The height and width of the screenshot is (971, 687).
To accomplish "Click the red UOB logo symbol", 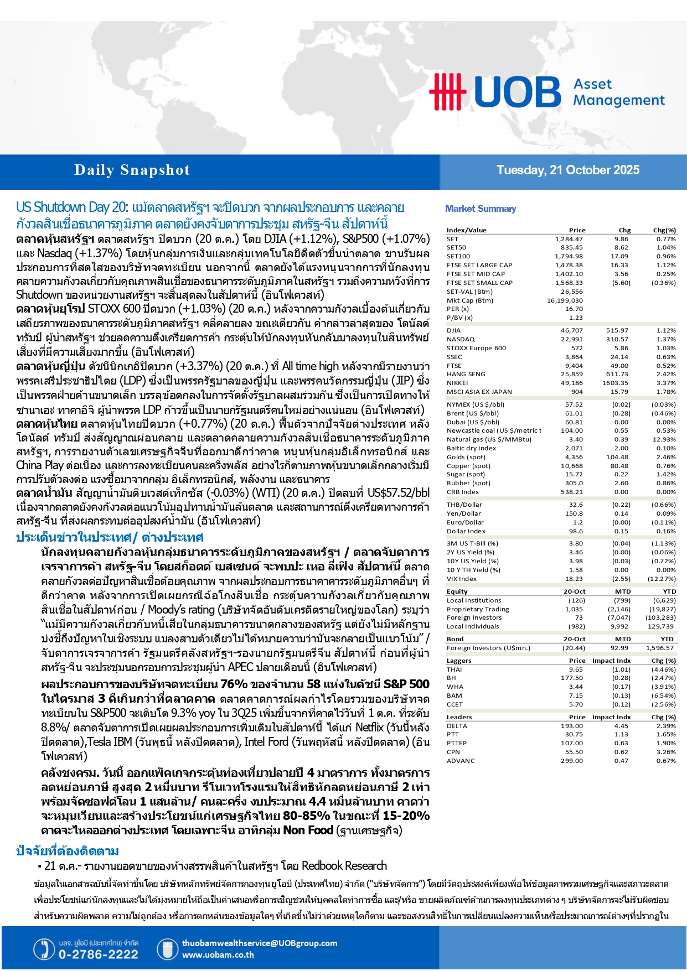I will tap(447, 91).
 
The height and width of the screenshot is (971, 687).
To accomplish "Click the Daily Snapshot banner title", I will tap(132, 170).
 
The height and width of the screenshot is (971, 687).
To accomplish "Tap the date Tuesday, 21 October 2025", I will tap(567, 170).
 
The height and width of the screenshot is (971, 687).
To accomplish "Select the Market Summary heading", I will tap(481, 209).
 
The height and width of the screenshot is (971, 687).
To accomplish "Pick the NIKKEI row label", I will tap(457, 383).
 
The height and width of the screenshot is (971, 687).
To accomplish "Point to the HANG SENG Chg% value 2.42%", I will tap(666, 374).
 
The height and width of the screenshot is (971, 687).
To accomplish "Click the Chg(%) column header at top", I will tap(664, 230).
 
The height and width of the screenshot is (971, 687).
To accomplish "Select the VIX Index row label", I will tap(462, 579).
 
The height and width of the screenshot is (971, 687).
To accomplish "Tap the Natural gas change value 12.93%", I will tap(665, 439).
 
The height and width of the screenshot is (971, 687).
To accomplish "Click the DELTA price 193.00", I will tap(572, 726).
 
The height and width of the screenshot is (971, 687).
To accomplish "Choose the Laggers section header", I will tap(459, 661).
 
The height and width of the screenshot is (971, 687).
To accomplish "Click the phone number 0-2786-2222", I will tap(99, 954).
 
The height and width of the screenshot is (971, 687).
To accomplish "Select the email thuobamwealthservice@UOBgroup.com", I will tap(260, 943).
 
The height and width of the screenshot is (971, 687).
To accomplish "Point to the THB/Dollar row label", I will tap(464, 505).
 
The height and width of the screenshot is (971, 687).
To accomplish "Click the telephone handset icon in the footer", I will tap(44, 949).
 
